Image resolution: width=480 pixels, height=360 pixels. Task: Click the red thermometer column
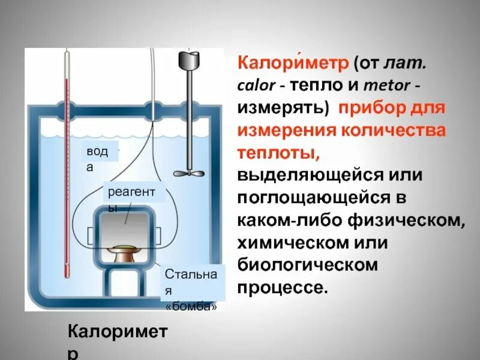pos(67,180)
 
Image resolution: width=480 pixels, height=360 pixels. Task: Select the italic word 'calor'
pos(256,86)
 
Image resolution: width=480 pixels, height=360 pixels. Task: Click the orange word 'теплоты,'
pos(280,154)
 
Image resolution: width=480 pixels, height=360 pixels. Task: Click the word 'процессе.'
pos(283,287)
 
